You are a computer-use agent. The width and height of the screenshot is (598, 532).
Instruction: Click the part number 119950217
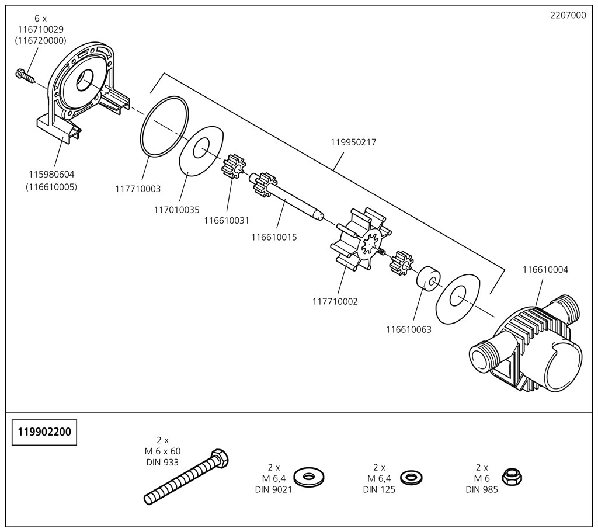[x=353, y=142]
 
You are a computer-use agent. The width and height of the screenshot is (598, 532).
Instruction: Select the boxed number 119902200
[x=45, y=432]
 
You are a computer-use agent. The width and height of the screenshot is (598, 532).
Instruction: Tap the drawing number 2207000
[x=568, y=16]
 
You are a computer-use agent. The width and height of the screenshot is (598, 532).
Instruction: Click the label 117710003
[x=138, y=189]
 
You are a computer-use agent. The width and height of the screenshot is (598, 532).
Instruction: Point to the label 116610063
[x=408, y=329]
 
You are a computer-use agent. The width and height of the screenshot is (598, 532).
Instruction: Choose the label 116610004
[x=545, y=270]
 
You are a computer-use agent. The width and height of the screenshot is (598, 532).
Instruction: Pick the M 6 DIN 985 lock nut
[x=512, y=477]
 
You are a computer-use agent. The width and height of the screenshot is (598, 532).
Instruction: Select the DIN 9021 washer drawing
[x=310, y=477]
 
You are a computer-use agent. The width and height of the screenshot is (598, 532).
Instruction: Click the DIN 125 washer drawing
[x=412, y=477]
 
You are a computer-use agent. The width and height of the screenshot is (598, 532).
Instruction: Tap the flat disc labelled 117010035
[x=201, y=151]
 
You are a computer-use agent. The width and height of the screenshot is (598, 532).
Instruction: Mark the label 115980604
[x=51, y=174]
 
